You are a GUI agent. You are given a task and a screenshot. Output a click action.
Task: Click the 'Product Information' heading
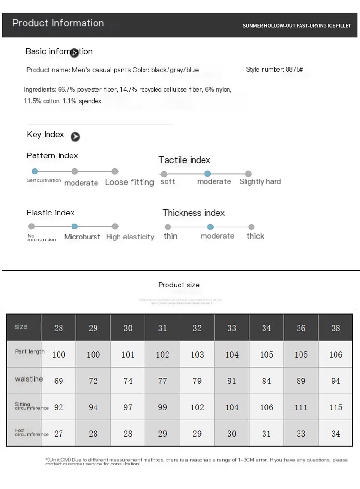point(58,23)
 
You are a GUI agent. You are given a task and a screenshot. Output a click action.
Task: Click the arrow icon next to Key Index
point(75,137)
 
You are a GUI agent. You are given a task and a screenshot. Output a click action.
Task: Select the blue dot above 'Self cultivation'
point(35,171)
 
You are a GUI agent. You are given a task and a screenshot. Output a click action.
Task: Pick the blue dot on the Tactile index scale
point(207,174)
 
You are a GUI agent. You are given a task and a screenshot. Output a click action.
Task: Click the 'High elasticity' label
point(130,237)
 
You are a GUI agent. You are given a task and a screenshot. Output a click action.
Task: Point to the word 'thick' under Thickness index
point(255,236)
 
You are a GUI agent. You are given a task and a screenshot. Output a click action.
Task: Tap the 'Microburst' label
point(82,237)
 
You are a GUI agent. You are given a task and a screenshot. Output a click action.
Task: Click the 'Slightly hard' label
point(260,181)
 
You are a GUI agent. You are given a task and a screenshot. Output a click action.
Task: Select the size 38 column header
point(336,328)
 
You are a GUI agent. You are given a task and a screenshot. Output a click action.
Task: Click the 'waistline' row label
point(29,379)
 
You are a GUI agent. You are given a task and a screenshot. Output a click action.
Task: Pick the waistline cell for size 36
point(301,381)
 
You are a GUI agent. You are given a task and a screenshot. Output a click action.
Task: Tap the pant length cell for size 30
point(128,355)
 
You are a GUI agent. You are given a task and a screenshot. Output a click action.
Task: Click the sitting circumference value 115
point(336,407)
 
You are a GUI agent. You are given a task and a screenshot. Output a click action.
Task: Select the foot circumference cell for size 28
point(59,434)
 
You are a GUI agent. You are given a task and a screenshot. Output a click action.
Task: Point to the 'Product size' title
point(179,285)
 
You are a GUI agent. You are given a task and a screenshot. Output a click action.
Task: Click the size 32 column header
point(197,328)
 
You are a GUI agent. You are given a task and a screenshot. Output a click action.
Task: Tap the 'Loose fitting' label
point(129,182)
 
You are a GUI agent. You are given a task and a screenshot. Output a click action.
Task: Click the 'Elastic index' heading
point(50,213)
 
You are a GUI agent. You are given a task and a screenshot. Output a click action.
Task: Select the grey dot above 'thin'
point(168,227)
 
